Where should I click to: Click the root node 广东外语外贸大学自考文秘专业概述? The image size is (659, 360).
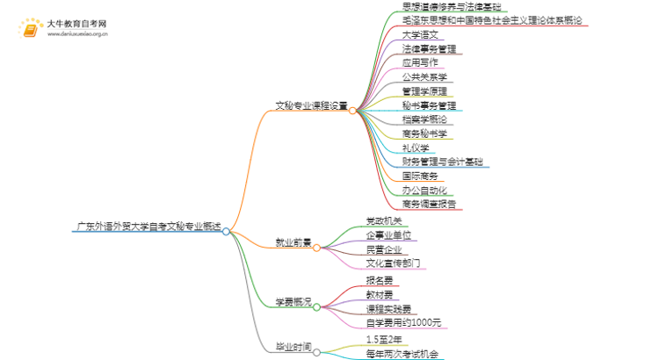[147, 226]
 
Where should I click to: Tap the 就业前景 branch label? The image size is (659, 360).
[292, 241]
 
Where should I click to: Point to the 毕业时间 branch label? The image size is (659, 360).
[292, 348]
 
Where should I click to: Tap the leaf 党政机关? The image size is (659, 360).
[384, 220]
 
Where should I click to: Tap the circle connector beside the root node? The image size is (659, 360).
[227, 232]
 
